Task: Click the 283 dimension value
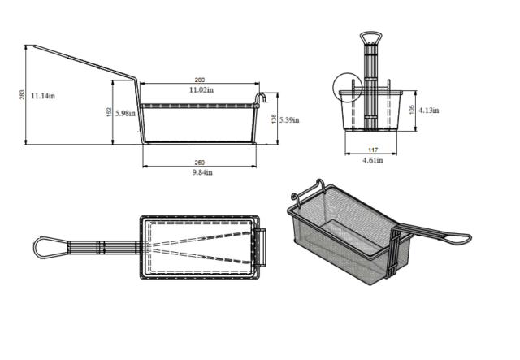pyautogui.click(x=22, y=94)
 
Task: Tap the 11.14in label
pyautogui.click(x=43, y=96)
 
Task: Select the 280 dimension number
pyautogui.click(x=200, y=80)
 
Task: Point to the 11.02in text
pyautogui.click(x=201, y=89)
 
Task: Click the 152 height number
pyautogui.click(x=109, y=112)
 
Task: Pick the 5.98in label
pyautogui.click(x=125, y=113)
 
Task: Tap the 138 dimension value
pyautogui.click(x=274, y=119)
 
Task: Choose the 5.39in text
pyautogui.click(x=289, y=119)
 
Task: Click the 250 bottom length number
pyautogui.click(x=200, y=163)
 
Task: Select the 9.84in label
pyautogui.click(x=202, y=172)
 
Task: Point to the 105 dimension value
pyautogui.click(x=412, y=110)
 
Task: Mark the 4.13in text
pyautogui.click(x=429, y=111)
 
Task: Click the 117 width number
pyautogui.click(x=373, y=150)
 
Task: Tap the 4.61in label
pyautogui.click(x=373, y=160)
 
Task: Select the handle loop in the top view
pyautogui.click(x=34, y=248)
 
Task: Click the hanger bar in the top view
pyautogui.click(x=265, y=247)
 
